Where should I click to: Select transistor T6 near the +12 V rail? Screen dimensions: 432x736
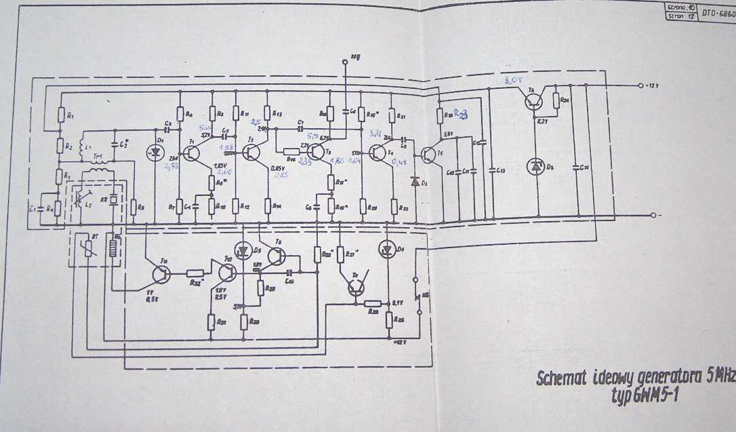coord(534,101)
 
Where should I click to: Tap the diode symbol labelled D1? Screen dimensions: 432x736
coord(157,153)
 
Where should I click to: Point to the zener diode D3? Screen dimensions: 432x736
coord(536,165)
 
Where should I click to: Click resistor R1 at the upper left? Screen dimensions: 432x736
coord(61,116)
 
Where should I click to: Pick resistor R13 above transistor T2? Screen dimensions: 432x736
coord(267,113)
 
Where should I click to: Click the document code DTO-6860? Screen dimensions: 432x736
coord(717,13)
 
